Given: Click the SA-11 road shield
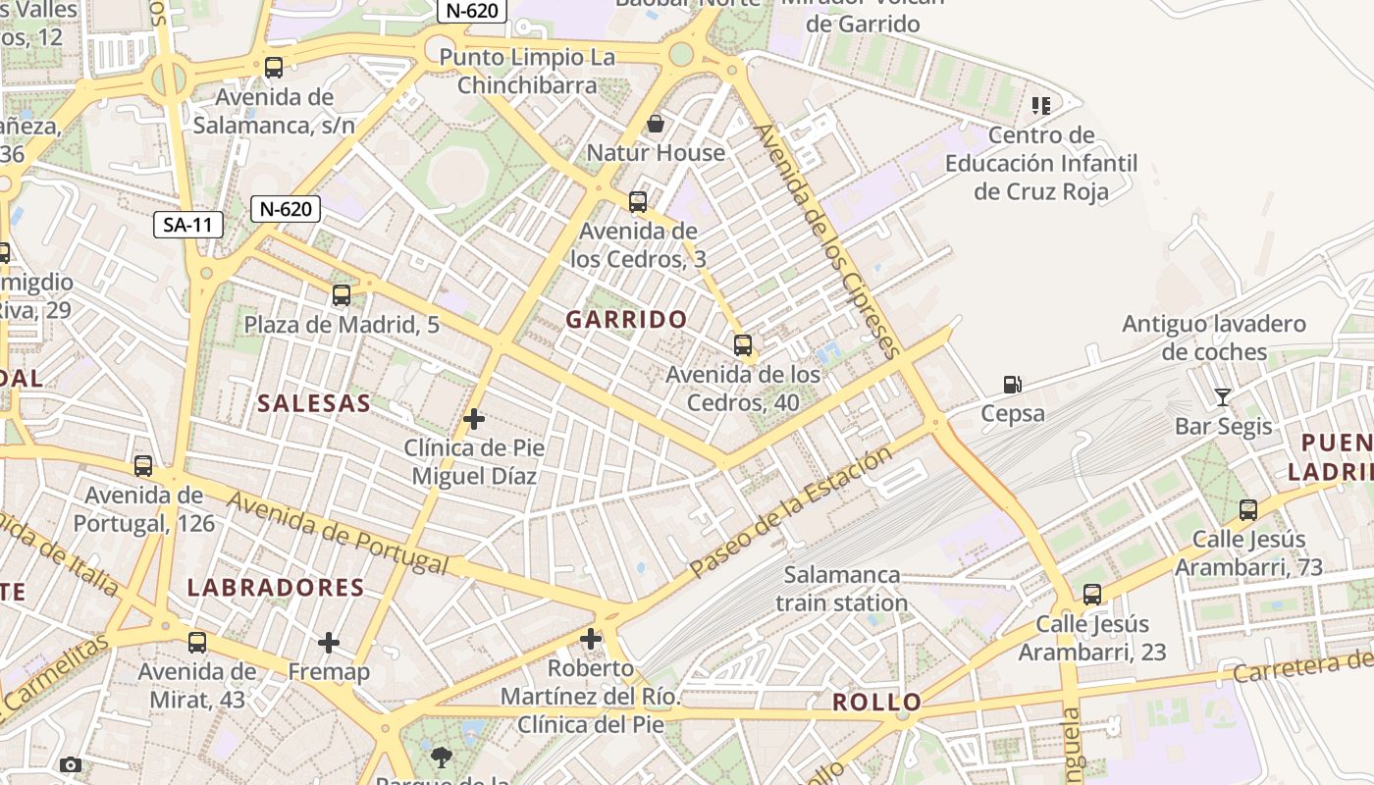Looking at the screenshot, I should pyautogui.click(x=188, y=225).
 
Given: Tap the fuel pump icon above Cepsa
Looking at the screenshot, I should pyautogui.click(x=1013, y=385).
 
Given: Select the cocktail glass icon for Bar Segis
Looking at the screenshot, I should pyautogui.click(x=1222, y=397).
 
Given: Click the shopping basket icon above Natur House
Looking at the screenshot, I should pyautogui.click(x=656, y=124).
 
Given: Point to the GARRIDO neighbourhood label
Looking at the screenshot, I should pyautogui.click(x=626, y=319).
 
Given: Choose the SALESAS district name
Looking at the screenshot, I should pyautogui.click(x=314, y=403).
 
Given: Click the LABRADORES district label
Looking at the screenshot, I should pyautogui.click(x=276, y=588).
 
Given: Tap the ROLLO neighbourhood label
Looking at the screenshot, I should pyautogui.click(x=877, y=702).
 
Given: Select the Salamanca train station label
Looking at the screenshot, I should pyautogui.click(x=842, y=589).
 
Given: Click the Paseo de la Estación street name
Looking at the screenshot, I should pyautogui.click(x=790, y=512).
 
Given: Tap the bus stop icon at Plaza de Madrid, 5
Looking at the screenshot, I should pyautogui.click(x=342, y=295).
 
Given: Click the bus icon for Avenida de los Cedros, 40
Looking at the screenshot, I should pyautogui.click(x=743, y=345).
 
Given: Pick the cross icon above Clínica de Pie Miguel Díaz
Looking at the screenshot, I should pyautogui.click(x=474, y=419).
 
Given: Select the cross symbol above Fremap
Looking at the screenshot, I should pyautogui.click(x=329, y=643).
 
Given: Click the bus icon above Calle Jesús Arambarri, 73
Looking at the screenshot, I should pyautogui.click(x=1248, y=510).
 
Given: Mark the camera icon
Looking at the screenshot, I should pyautogui.click(x=71, y=764).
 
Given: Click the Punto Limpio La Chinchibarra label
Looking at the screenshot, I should pyautogui.click(x=527, y=71).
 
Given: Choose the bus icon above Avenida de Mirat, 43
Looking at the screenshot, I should pyautogui.click(x=197, y=643).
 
